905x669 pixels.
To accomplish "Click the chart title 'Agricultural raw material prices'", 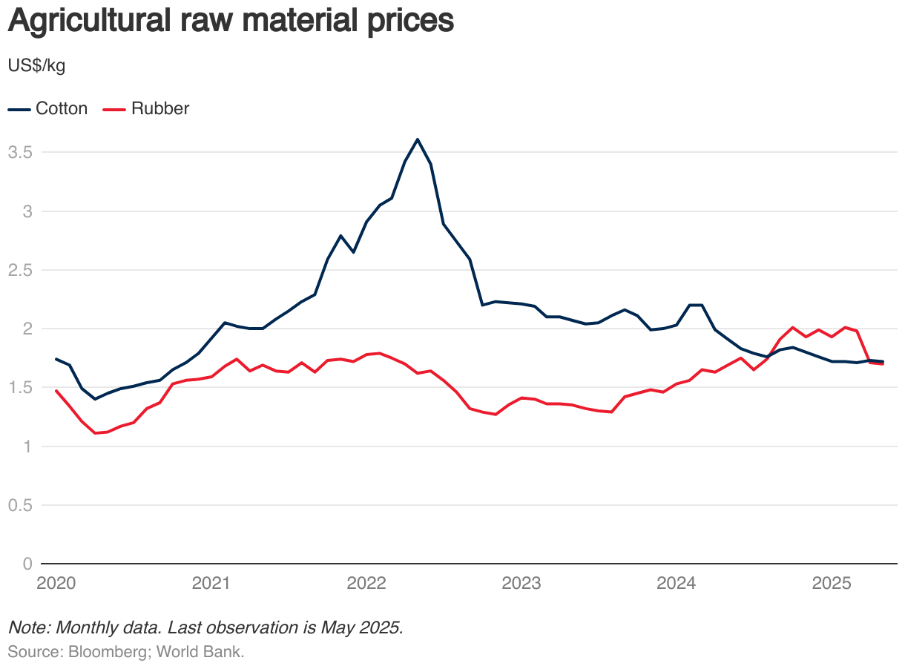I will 230,21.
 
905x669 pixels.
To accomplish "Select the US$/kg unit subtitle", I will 36,66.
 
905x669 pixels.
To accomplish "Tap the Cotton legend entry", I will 48,108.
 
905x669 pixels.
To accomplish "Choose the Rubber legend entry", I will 146,108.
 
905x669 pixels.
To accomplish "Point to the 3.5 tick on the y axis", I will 19,152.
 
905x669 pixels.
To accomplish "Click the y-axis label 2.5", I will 19,270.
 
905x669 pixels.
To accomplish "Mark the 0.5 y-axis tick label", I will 19,505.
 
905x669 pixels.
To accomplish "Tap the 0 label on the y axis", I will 27,564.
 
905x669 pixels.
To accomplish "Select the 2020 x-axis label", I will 56,584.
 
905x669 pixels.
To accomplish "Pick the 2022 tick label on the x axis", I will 366,584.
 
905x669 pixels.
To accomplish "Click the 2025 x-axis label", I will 832,584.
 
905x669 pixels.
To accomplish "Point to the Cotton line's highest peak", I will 418,139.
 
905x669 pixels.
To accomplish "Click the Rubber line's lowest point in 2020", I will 95,433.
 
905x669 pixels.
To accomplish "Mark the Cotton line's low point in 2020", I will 95,399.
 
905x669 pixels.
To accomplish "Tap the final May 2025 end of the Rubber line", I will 883,364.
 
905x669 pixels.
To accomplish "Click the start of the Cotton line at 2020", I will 56,359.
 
